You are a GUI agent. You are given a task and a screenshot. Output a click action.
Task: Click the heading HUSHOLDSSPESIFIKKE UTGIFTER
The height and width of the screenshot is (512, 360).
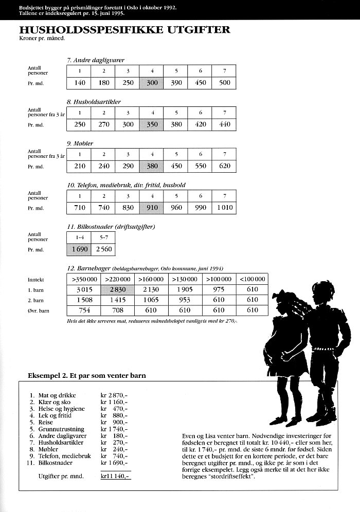[124, 30]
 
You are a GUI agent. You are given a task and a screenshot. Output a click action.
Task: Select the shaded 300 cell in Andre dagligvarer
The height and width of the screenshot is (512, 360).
[152, 83]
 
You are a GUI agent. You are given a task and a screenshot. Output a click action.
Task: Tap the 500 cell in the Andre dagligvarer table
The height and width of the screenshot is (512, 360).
[224, 83]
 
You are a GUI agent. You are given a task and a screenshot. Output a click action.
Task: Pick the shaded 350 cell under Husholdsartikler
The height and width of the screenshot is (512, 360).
[152, 124]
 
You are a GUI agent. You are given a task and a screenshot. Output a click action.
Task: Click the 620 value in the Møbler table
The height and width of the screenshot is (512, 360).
[224, 166]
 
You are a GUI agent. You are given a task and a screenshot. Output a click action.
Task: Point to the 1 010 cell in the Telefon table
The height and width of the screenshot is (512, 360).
[224, 208]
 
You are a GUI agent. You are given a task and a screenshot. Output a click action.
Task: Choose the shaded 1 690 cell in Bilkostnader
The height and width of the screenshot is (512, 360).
[79, 250]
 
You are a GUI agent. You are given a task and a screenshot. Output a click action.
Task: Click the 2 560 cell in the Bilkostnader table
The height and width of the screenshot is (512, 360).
[103, 250]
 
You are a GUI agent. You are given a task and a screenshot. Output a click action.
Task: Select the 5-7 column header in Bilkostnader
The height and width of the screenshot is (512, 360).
[103, 238]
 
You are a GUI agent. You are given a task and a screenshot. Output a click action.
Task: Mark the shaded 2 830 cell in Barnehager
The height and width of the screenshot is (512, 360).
[118, 290]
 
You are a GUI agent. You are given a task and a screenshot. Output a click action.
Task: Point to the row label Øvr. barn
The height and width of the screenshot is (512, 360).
[37, 310]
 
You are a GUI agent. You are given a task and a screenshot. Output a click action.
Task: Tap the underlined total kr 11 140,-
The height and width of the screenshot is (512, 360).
[116, 477]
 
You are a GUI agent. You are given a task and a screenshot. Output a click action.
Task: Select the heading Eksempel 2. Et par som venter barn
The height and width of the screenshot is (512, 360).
[86, 376]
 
